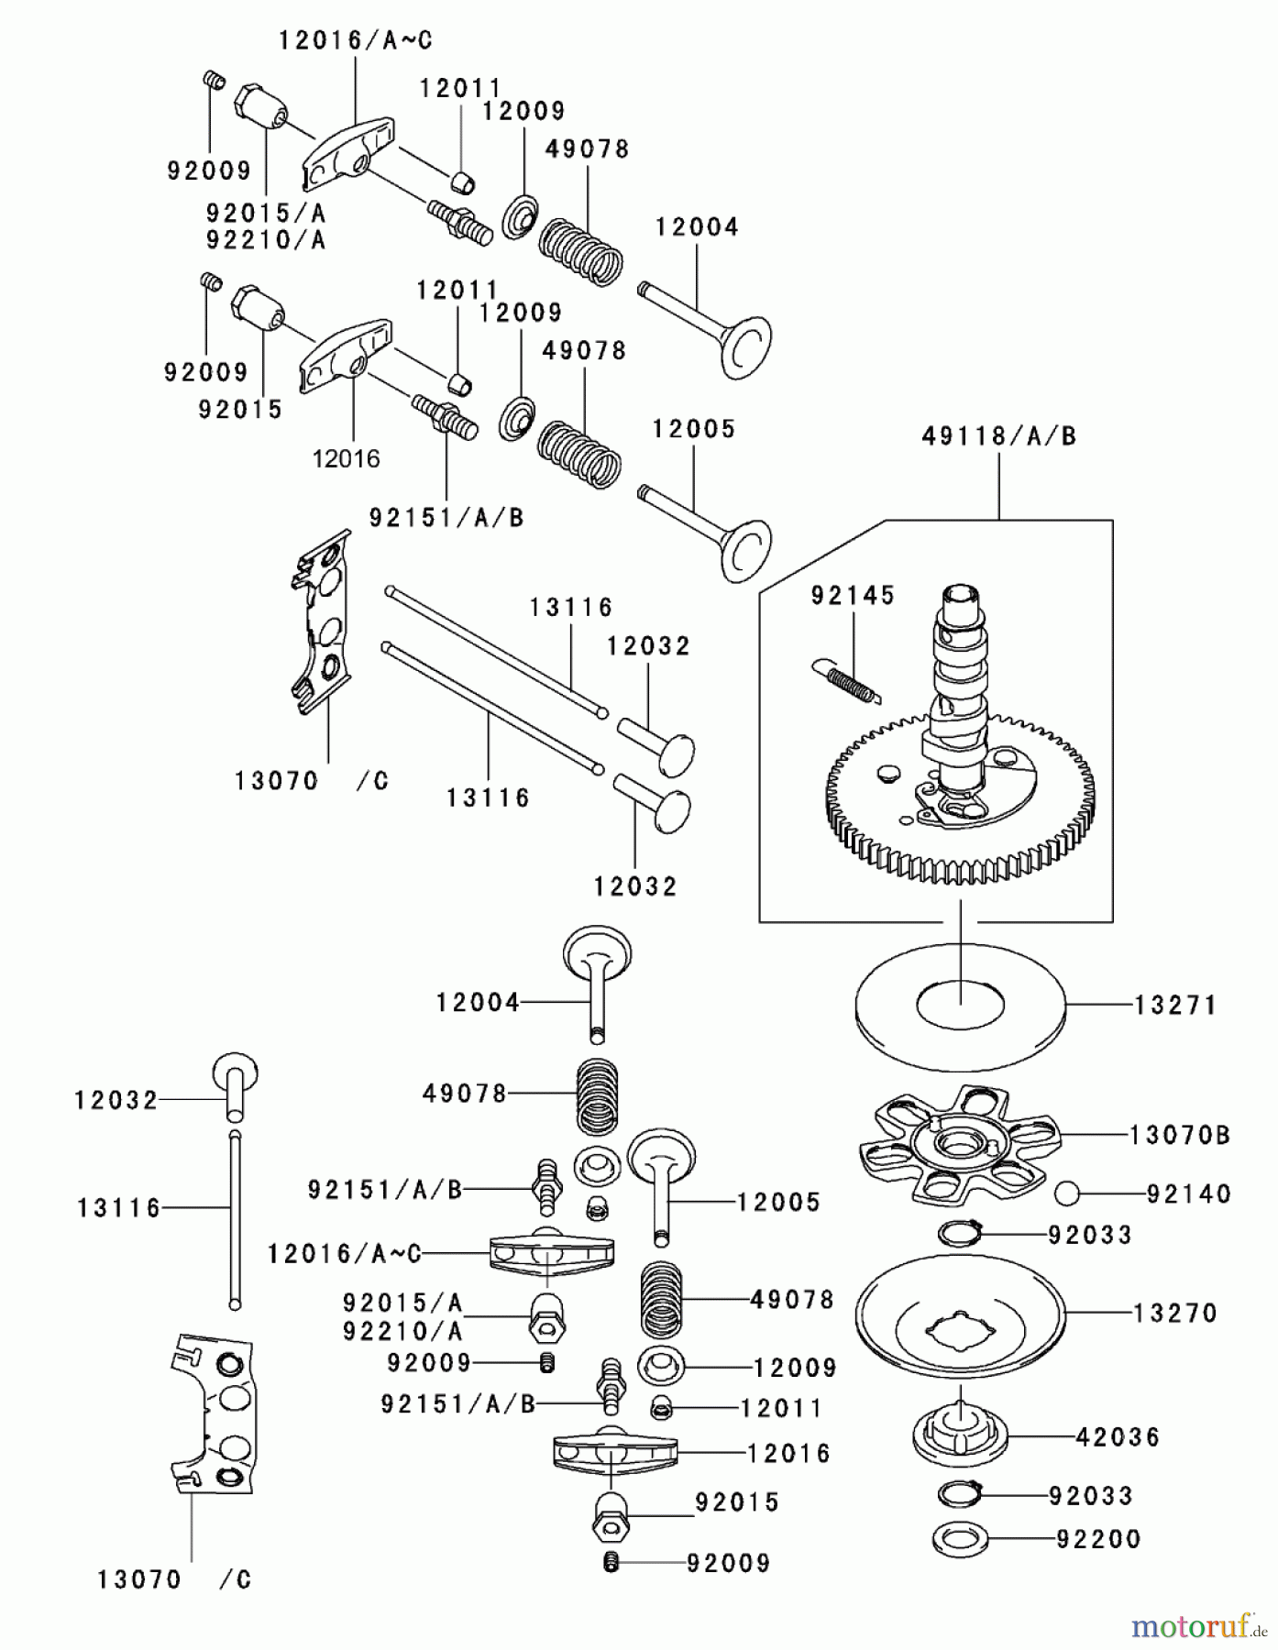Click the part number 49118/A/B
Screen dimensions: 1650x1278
998,436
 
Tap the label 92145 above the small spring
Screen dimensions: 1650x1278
853,596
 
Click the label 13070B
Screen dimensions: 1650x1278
1179,1136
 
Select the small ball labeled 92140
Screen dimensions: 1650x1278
1067,1193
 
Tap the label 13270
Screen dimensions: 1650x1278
1175,1313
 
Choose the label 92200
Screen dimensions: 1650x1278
1098,1539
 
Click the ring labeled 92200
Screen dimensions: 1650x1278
959,1540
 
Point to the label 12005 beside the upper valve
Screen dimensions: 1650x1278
694,429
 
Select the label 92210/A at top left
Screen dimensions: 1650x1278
266,240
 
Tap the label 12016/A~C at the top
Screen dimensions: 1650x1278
355,40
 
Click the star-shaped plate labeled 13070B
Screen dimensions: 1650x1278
959,1146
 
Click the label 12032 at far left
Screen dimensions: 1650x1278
116,1100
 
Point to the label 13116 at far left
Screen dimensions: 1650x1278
119,1208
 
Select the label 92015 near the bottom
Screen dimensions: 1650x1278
737,1502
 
